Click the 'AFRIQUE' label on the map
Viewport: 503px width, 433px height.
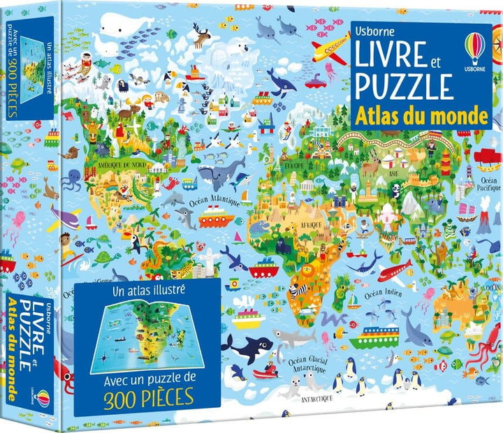(x=309, y=226)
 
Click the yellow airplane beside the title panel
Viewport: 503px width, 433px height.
(x=328, y=49)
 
